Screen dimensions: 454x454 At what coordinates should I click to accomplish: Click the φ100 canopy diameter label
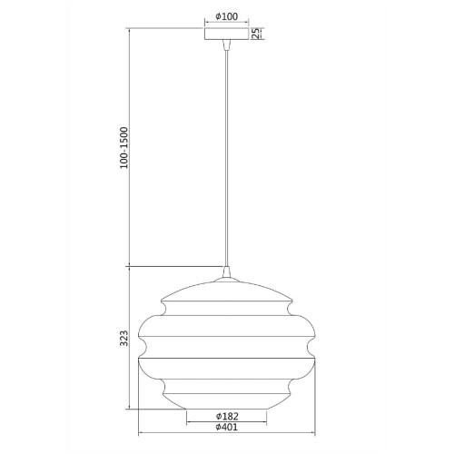(226, 16)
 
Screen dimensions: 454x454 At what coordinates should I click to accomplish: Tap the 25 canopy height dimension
(257, 34)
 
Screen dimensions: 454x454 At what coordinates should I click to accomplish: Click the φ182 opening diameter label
(226, 416)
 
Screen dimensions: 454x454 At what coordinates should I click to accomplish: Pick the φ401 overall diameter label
(226, 428)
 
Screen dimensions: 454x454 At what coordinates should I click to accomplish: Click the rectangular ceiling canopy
(226, 35)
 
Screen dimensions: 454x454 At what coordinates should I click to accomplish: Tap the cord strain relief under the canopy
(226, 45)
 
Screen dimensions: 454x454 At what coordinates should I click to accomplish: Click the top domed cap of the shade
(226, 292)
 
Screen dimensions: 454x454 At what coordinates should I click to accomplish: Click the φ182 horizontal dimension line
(226, 422)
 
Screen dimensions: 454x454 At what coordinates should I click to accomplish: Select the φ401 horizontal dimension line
(226, 434)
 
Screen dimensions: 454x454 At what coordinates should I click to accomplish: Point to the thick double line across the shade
(226, 358)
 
